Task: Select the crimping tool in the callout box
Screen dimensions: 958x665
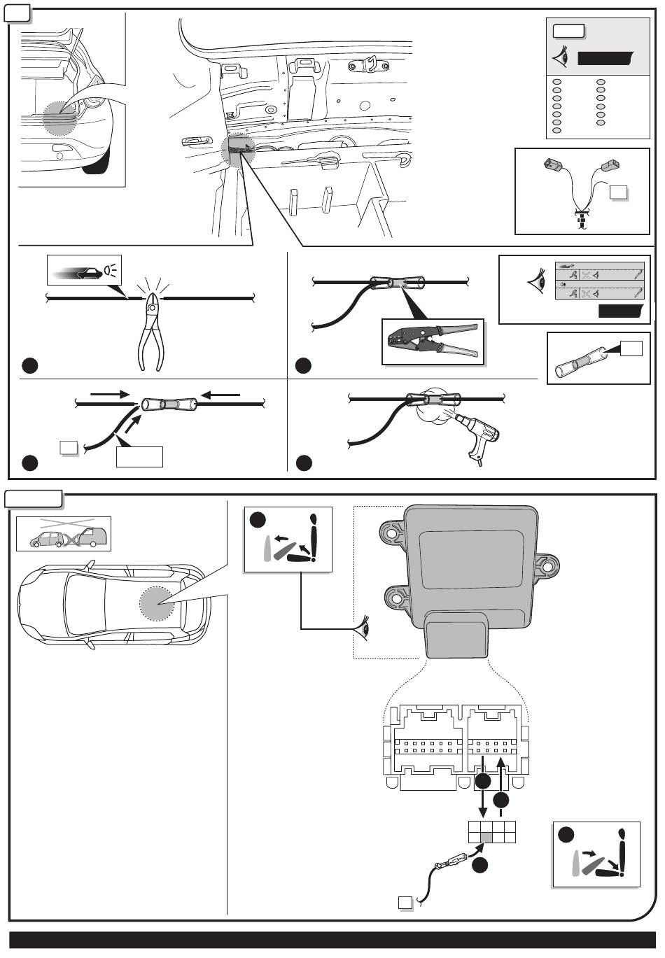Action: click(433, 341)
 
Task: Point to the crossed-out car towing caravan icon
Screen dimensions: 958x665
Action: click(64, 535)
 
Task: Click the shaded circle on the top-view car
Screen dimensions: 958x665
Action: click(157, 603)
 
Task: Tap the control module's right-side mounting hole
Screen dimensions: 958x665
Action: click(549, 565)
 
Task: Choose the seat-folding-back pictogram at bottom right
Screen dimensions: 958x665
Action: click(596, 854)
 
